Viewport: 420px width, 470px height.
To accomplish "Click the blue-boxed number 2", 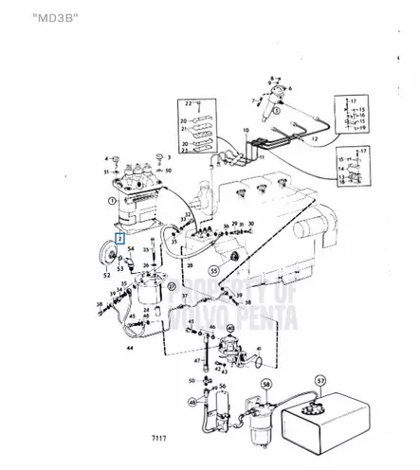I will click(x=119, y=241).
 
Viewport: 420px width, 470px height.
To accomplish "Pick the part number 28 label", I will click(x=190, y=268).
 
